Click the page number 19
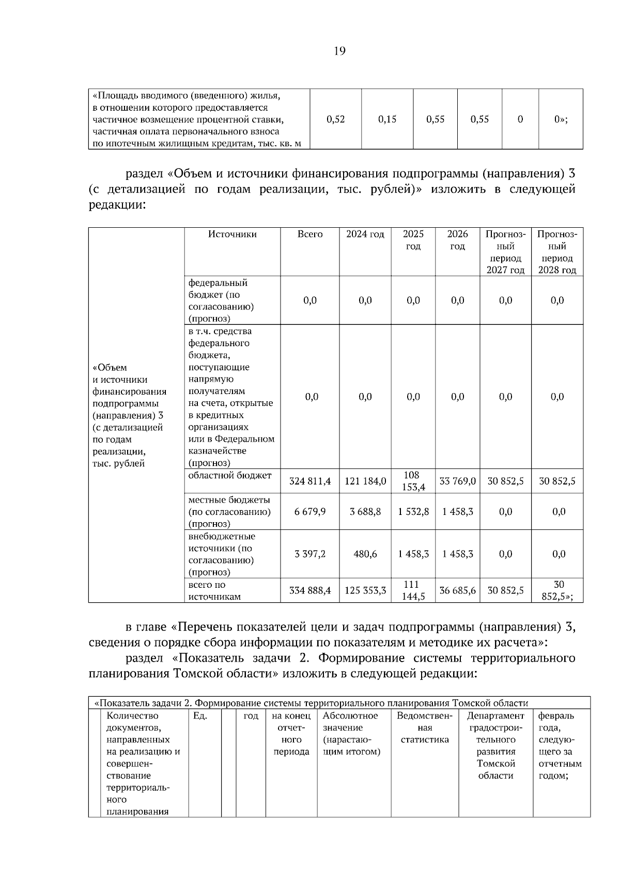coord(339,51)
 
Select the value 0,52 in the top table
coord(336,119)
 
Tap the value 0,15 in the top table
coord(387,119)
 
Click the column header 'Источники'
coord(232,234)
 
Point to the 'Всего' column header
coord(309,234)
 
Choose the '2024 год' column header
coord(365,234)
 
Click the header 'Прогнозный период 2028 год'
coord(557,252)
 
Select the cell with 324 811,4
coord(309,481)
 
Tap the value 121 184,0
coord(365,481)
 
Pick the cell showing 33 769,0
coord(457,481)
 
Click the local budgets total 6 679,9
coord(309,512)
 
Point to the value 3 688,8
coord(365,512)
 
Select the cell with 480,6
coord(365,554)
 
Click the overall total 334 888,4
coord(309,590)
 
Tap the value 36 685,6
coord(457,590)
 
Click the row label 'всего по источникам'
coord(214,591)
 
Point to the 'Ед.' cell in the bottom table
coord(200,716)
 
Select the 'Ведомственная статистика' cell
coord(424,728)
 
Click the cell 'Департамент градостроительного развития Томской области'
coord(495,745)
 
